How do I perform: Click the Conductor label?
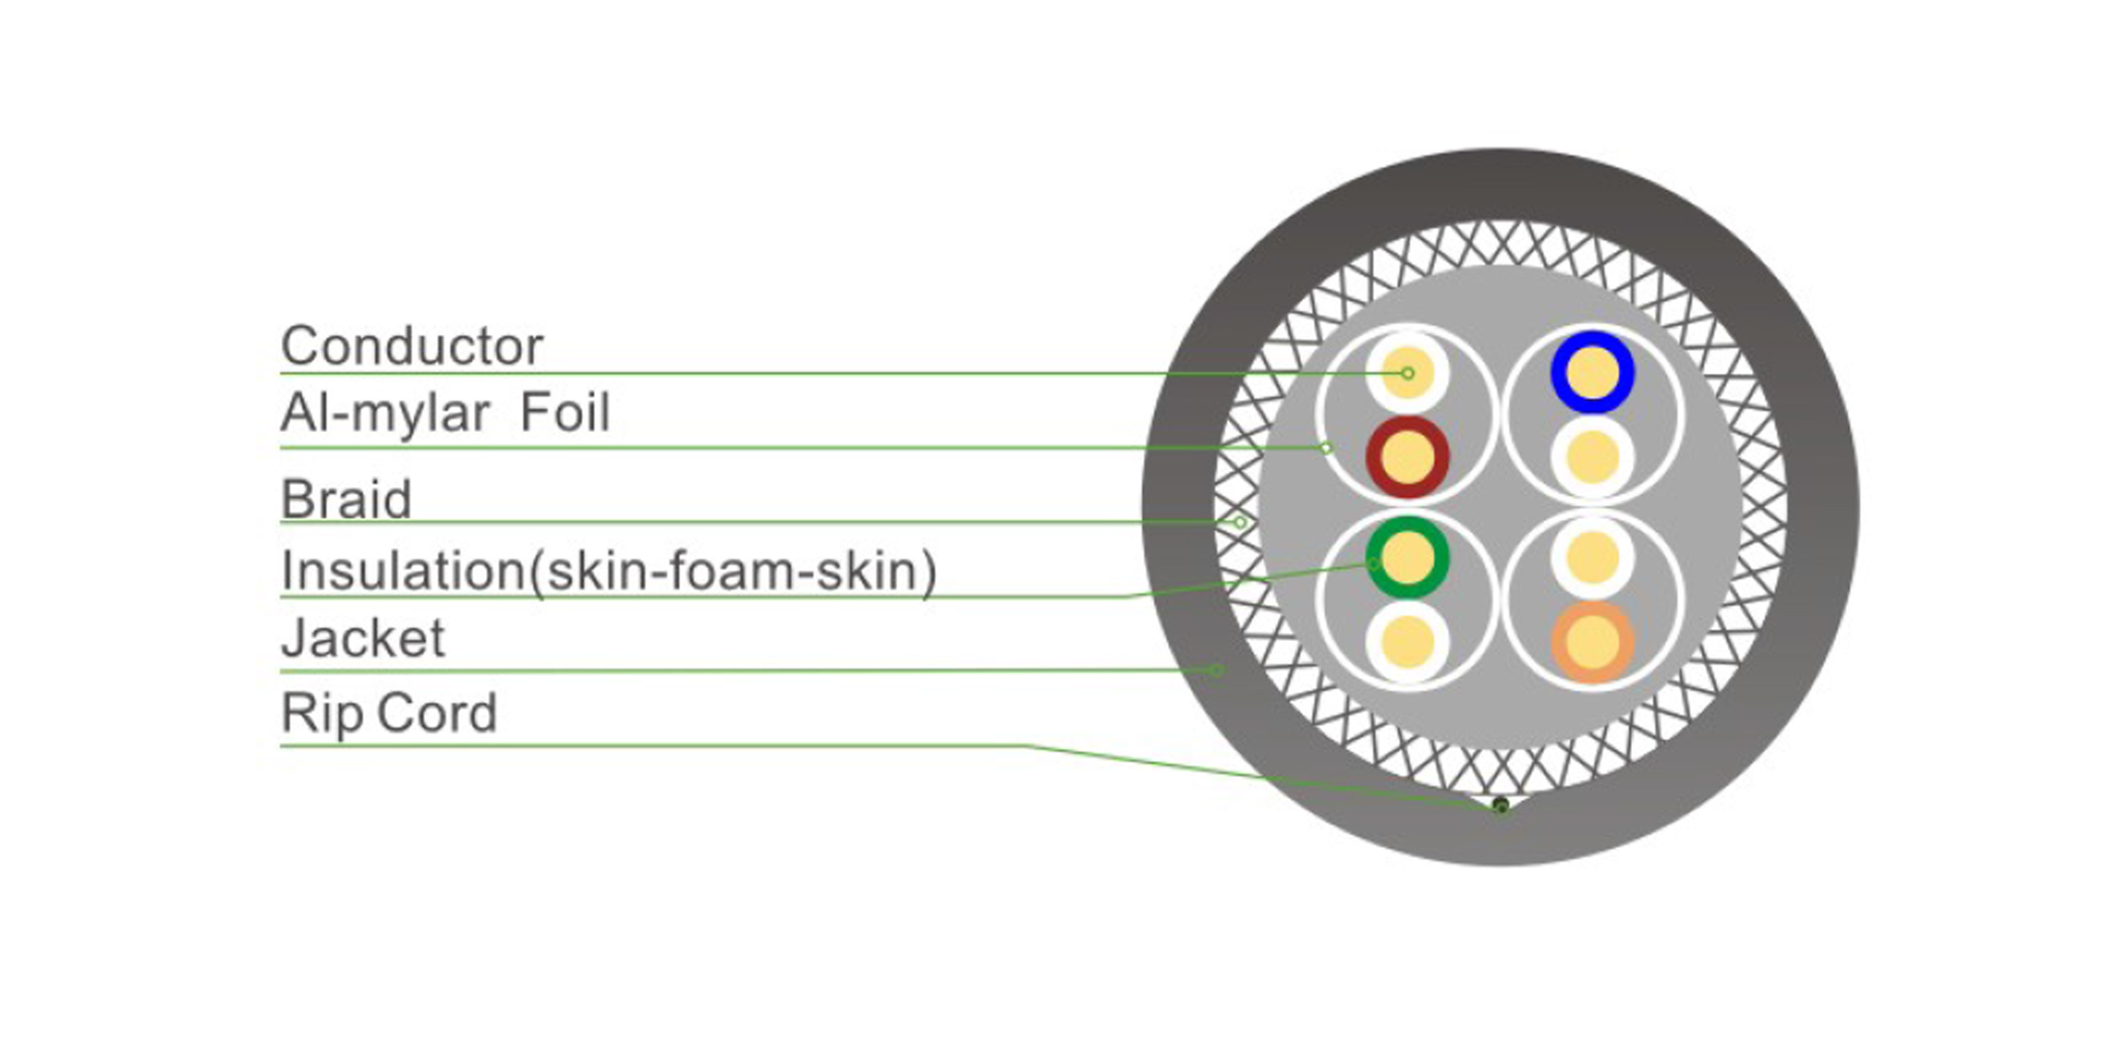point(412,346)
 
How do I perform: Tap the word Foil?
point(566,412)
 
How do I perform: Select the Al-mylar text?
point(385,413)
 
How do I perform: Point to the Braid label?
point(346,499)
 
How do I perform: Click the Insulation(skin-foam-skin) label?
point(608,571)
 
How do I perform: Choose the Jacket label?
point(362,638)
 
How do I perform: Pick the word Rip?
point(321,713)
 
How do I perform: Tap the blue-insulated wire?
point(1592,373)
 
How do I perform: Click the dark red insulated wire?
point(1407,457)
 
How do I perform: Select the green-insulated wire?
point(1407,557)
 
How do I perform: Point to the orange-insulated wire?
point(1592,642)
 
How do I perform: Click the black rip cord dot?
point(1501,805)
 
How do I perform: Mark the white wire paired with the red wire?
point(1407,373)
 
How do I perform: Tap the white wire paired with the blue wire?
point(1592,457)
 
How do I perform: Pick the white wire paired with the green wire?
point(1407,642)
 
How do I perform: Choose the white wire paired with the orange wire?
point(1592,557)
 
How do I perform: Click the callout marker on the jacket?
point(1215,671)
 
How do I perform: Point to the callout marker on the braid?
point(1239,522)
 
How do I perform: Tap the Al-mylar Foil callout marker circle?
point(1326,448)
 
